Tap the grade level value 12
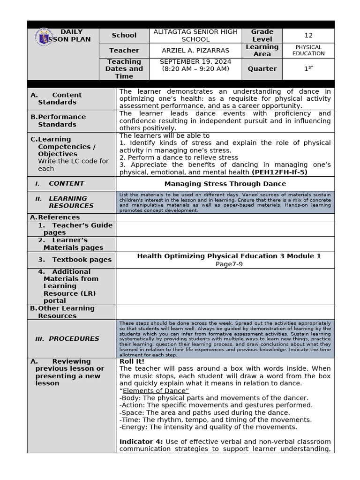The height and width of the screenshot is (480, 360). pyautogui.click(x=308, y=35)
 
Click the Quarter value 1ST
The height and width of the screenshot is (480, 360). pyautogui.click(x=308, y=68)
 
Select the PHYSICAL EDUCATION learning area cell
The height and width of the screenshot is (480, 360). pyautogui.click(x=308, y=50)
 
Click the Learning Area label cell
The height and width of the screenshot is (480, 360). pyautogui.click(x=262, y=50)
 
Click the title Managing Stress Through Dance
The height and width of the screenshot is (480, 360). pyautogui.click(x=225, y=184)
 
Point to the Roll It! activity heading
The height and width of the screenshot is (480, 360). pyautogui.click(x=132, y=361)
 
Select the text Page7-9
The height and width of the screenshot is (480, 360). pyautogui.click(x=229, y=264)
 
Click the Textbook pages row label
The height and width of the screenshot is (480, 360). pyautogui.click(x=75, y=260)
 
